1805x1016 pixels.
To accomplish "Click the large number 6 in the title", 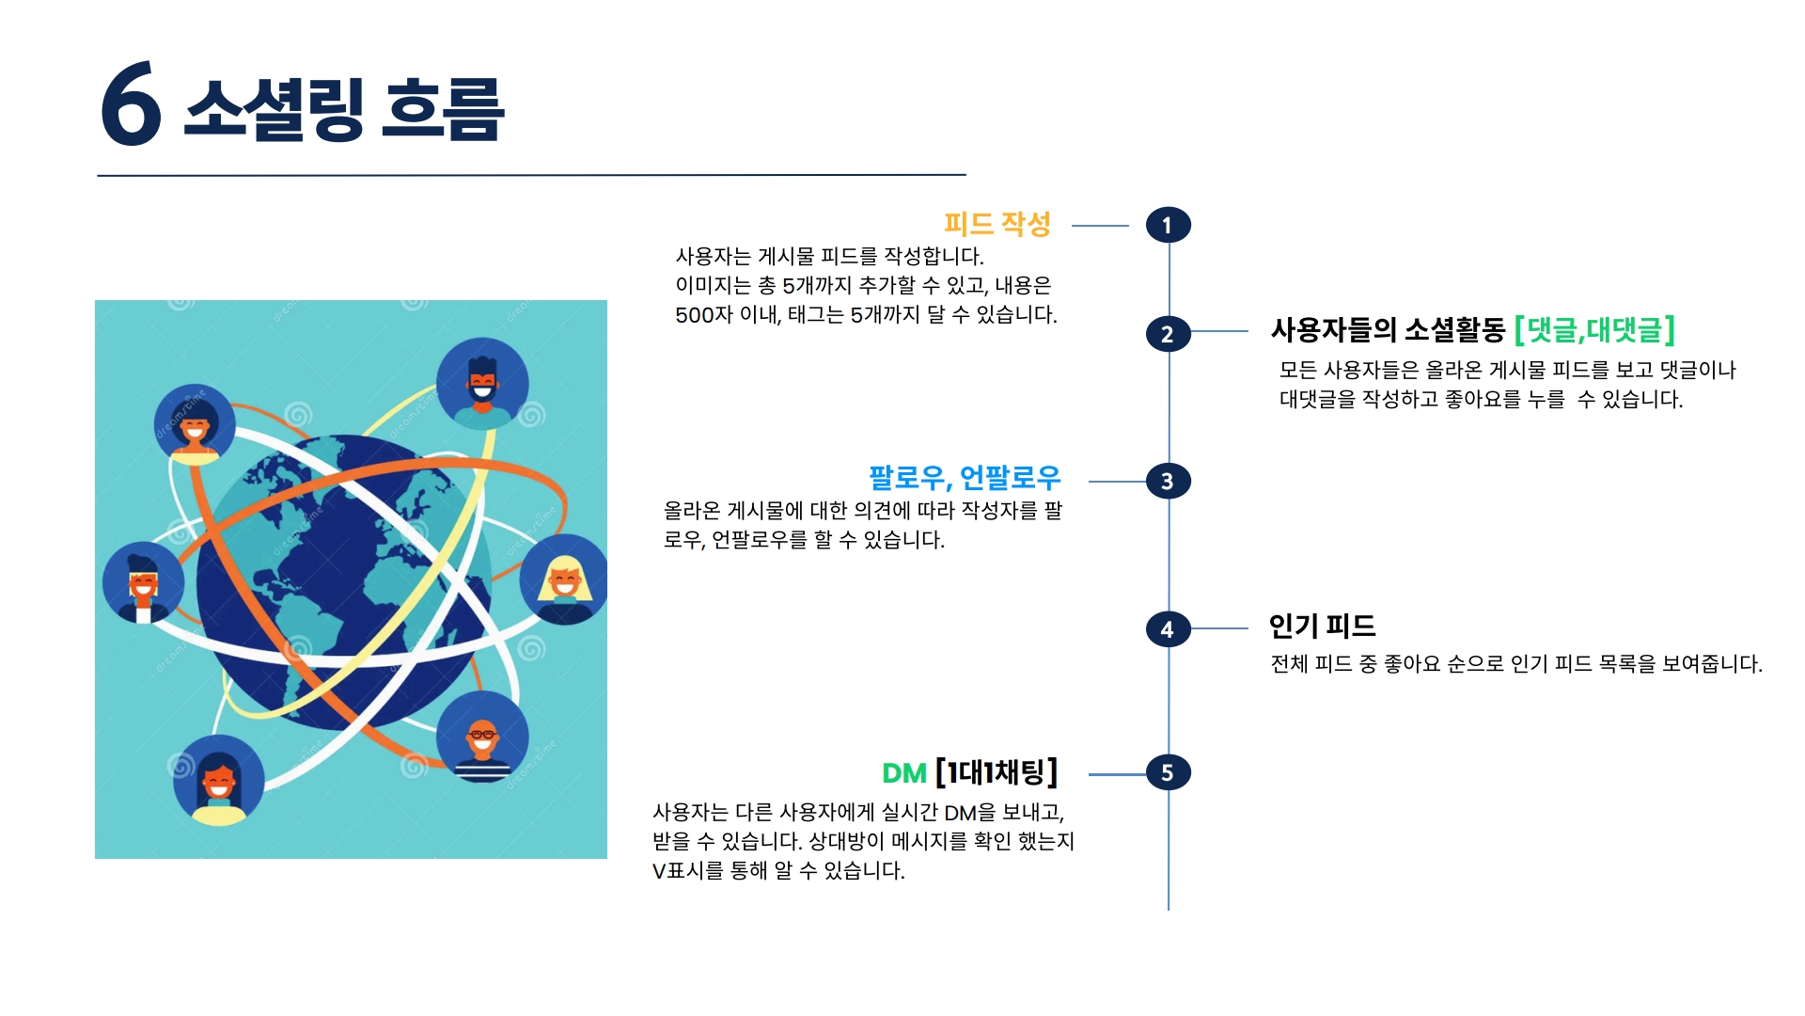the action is [131, 104].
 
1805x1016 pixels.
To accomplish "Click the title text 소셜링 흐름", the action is [344, 109].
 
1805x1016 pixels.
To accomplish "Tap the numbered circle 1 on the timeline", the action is [1168, 226].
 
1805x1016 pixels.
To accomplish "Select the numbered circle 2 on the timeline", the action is [1168, 334].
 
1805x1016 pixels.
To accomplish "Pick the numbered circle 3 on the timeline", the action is [1168, 482].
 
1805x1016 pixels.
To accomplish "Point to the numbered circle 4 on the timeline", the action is [1168, 629].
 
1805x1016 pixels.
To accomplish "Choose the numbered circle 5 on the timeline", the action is [1168, 773].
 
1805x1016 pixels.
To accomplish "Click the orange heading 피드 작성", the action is [997, 224].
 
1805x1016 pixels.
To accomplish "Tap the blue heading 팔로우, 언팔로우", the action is [964, 478].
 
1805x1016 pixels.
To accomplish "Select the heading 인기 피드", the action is [1322, 626].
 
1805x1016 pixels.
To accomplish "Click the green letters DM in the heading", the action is [903, 773].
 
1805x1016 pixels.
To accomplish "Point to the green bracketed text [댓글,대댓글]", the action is [1594, 330].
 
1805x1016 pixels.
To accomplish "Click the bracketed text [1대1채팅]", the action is [997, 772].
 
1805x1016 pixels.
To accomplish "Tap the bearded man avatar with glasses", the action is [482, 383].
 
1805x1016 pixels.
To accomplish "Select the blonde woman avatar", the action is [563, 579].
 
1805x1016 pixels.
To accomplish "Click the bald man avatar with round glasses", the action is [482, 738].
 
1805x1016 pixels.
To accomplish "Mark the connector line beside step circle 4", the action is [1219, 628].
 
